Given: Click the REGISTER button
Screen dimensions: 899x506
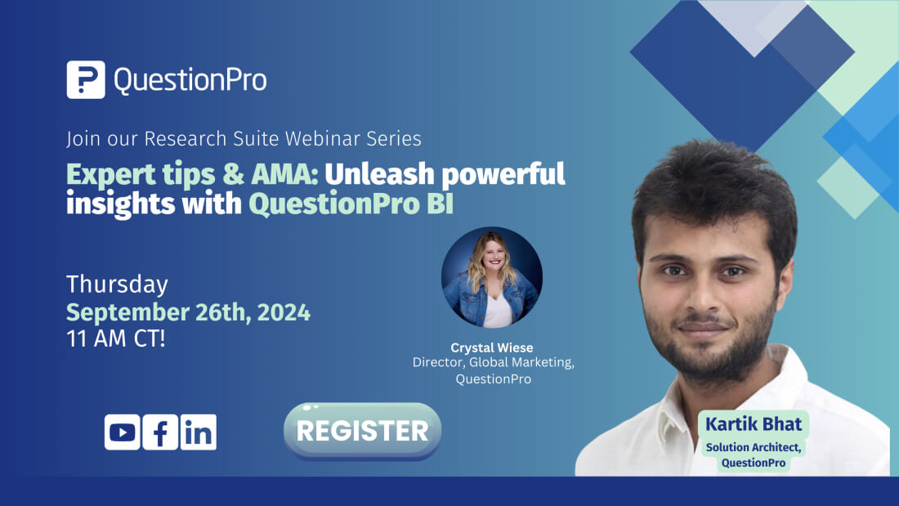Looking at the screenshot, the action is [x=362, y=431].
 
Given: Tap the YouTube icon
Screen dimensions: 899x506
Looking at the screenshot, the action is [x=122, y=432].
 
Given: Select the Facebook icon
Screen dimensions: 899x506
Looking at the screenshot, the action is [x=160, y=432].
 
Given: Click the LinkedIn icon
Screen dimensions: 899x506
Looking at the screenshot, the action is [x=199, y=432].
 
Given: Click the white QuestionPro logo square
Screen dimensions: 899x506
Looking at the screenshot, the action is [x=86, y=80].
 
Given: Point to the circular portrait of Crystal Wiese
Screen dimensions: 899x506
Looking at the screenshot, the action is [x=491, y=278].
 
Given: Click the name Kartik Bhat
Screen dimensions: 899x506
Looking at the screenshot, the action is [x=754, y=424].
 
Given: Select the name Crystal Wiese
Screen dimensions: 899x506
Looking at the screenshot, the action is [x=492, y=347].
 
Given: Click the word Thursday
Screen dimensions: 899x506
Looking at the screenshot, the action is [x=117, y=284].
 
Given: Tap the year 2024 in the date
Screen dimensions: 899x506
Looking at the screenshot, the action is [x=284, y=312].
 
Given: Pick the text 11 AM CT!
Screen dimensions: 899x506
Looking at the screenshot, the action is [x=116, y=338].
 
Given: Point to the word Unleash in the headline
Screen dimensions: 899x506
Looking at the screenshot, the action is [x=379, y=174].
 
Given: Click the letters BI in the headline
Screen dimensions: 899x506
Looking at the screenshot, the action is [x=440, y=204].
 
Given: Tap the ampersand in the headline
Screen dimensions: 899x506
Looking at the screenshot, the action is [x=234, y=174].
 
